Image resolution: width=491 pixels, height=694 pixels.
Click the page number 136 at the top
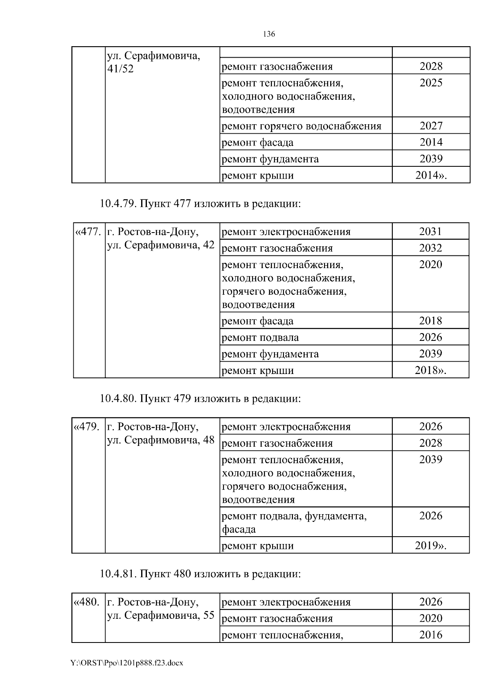[x=268, y=34]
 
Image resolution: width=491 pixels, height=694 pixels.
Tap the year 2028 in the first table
[x=431, y=66]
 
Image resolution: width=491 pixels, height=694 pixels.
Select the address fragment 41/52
[x=120, y=69]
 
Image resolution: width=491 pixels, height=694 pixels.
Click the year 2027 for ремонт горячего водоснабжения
[x=431, y=126]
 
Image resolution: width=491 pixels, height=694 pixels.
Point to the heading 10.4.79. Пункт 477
[x=200, y=204]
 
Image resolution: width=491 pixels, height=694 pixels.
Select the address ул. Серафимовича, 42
[x=160, y=245]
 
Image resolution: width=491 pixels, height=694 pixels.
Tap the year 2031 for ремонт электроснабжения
[x=430, y=232]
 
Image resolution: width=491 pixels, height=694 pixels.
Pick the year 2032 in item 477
[x=430, y=248]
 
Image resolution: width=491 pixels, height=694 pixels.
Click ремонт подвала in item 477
[x=260, y=338]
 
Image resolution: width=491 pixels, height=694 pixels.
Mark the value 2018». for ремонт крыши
[x=430, y=371]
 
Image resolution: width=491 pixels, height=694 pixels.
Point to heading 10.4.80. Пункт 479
[x=200, y=398]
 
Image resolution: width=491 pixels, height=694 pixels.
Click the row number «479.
[x=87, y=427]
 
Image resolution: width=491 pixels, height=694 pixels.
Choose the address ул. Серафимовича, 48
[x=160, y=440]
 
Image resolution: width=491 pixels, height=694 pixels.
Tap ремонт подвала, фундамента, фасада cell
[x=294, y=522]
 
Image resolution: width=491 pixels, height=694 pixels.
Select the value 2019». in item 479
[x=430, y=546]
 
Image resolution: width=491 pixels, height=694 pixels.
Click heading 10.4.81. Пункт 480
[x=200, y=574]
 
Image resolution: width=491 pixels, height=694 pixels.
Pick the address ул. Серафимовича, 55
[x=160, y=616]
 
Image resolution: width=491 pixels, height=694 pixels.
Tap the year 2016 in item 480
[x=431, y=635]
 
